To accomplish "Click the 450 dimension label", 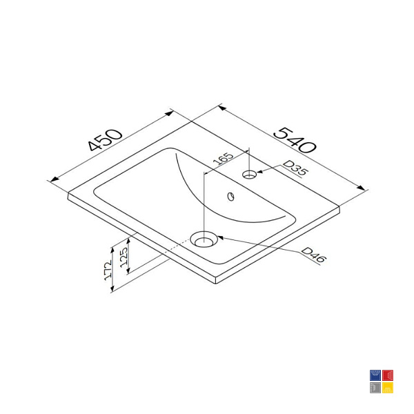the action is coord(106,140).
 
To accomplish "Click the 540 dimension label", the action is coord(295,140).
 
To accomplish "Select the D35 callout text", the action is coord(295,168).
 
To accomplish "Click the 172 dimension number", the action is coord(108,270).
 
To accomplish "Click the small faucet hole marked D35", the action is coord(250,175).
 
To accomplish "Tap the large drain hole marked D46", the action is coord(204,239).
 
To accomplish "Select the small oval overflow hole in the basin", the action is coord(231,197).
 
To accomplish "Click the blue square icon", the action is coord(375,375).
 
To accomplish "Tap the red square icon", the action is coord(388,375).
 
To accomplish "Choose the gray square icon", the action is coord(375,388).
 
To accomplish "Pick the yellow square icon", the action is coord(388,388).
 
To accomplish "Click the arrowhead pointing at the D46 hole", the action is coord(221,237).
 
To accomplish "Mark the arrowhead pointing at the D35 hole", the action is coord(259,172).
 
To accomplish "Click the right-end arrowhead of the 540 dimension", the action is coord(361,188).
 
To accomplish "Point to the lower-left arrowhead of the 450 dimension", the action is coord(55,179).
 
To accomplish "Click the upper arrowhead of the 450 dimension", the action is coord(169,113).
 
